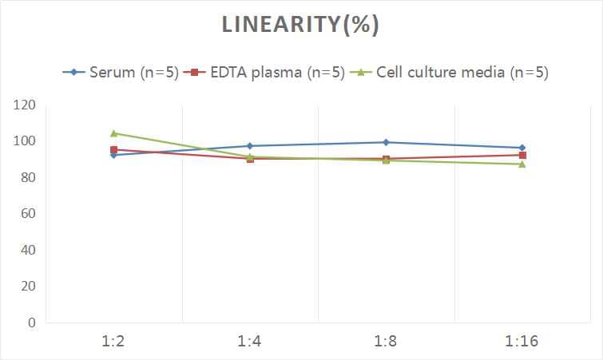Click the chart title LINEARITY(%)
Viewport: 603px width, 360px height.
coord(301,26)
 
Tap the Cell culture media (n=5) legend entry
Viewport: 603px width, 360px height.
coord(452,73)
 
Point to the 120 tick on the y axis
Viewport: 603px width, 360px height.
coord(26,105)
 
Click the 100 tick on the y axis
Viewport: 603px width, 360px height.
coord(26,141)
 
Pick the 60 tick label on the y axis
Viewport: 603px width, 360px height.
coord(29,214)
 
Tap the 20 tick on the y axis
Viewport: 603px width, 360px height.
coord(29,287)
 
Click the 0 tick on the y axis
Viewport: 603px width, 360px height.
coord(32,323)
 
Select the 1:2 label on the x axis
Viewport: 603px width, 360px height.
coord(114,342)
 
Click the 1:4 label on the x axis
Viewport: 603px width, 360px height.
coord(250,342)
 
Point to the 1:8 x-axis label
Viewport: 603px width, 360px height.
coord(386,342)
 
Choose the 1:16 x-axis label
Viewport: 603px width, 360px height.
coord(522,342)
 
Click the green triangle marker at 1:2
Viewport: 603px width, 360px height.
coord(114,133)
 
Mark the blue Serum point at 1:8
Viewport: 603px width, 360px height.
coord(386,142)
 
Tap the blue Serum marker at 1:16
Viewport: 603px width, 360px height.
coord(522,148)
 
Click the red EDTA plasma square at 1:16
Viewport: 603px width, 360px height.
coord(522,155)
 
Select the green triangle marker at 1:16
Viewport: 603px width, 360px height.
coord(522,164)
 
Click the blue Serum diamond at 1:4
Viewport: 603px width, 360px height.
coord(250,146)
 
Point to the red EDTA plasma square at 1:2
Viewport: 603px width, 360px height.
coord(114,150)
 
